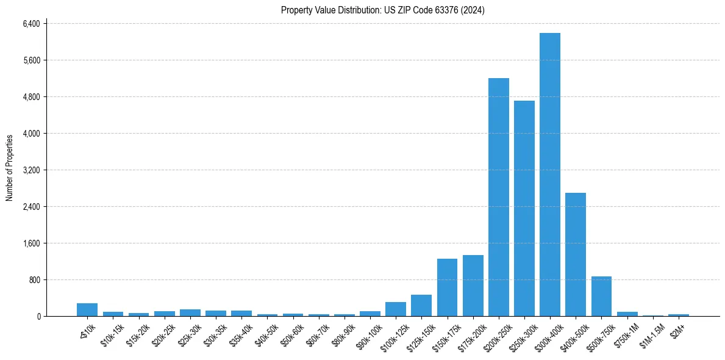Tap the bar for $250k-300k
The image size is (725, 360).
(524, 208)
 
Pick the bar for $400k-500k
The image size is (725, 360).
(576, 254)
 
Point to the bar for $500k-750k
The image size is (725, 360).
(601, 297)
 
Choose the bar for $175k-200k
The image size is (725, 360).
(473, 286)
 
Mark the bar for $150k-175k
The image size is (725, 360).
(447, 287)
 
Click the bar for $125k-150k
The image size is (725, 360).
(421, 306)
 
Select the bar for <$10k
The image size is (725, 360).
(87, 310)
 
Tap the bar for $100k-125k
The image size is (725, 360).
(396, 309)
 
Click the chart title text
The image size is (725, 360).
(382, 10)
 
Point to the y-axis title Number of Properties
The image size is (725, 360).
(10, 168)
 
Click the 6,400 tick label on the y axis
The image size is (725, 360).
(30, 24)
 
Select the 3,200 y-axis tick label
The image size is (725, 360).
(30, 170)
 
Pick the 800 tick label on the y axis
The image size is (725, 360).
(34, 280)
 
